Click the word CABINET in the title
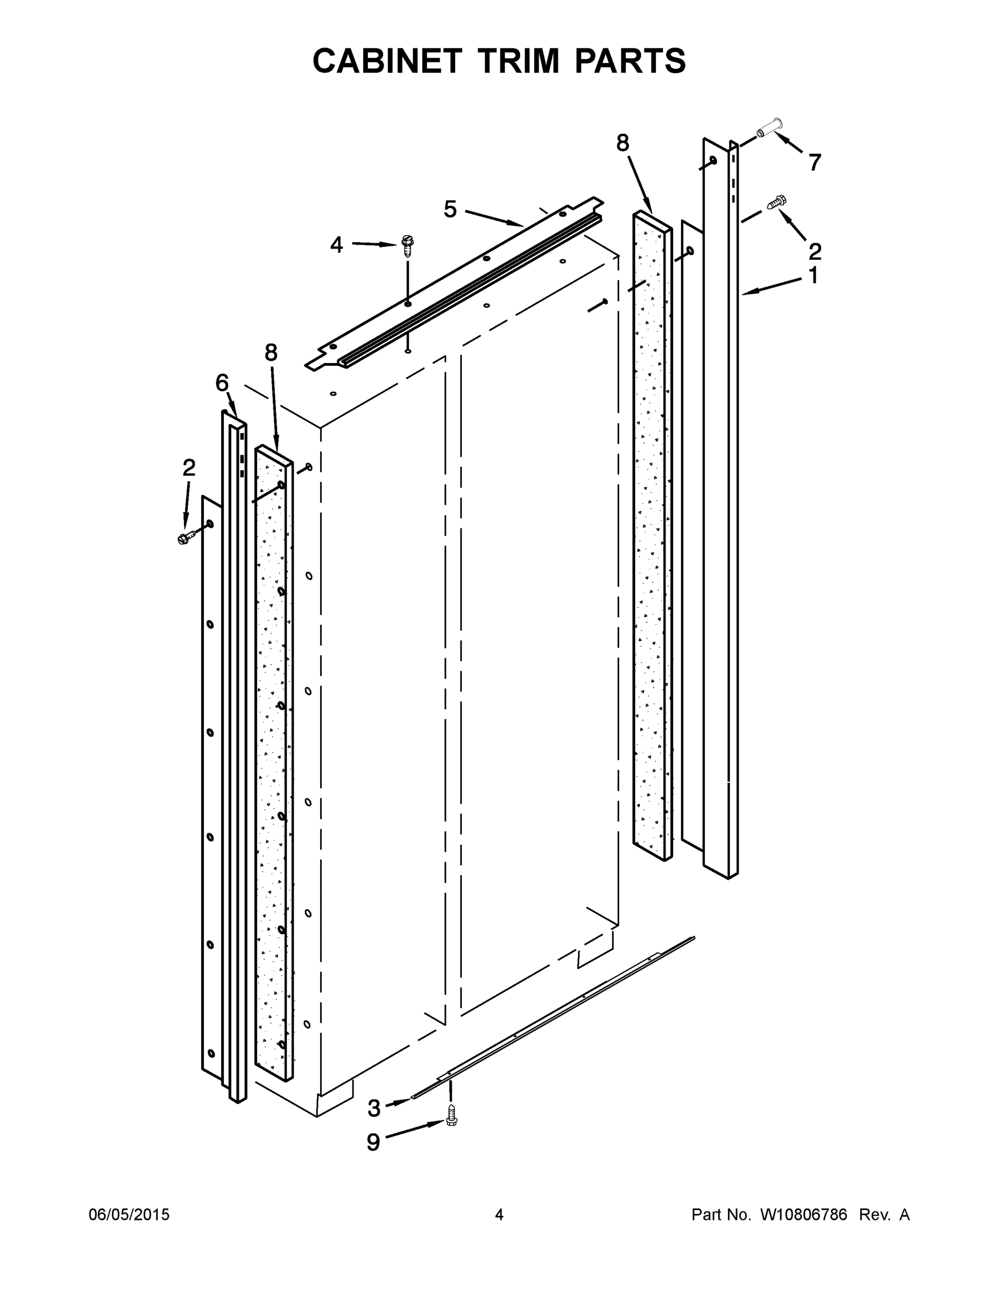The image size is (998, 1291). [x=387, y=61]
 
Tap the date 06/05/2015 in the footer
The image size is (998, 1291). [x=129, y=1214]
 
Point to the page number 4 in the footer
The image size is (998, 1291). [x=499, y=1214]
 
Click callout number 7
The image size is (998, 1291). [x=815, y=162]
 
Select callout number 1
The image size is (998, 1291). [x=813, y=275]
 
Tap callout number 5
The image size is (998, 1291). [x=450, y=209]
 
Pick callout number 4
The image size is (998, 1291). [x=336, y=244]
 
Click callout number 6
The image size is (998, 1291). [x=222, y=383]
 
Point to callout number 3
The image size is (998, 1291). [x=374, y=1108]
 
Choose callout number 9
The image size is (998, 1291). [x=373, y=1142]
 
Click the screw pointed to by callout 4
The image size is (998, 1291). [x=407, y=244]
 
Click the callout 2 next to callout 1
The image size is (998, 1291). [x=815, y=252]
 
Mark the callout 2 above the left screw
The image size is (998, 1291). [x=189, y=467]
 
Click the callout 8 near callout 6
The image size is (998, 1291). [x=271, y=353]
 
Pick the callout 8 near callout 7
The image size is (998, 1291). [x=622, y=143]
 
